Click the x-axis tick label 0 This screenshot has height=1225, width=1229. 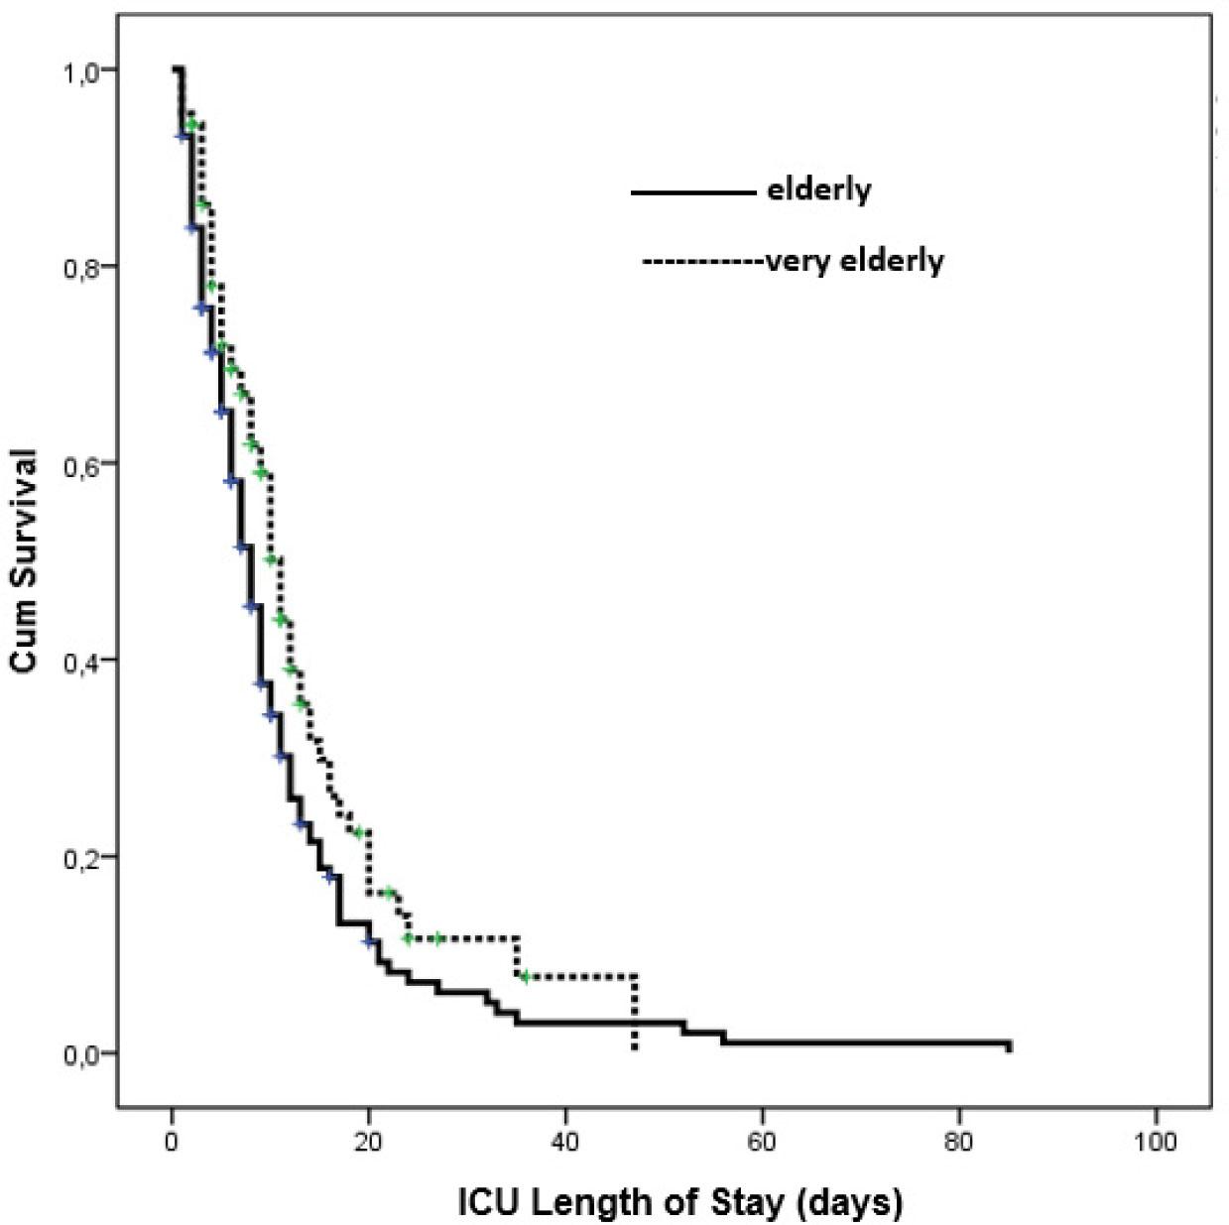[x=172, y=1142]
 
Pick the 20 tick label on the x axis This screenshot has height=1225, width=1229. [x=368, y=1142]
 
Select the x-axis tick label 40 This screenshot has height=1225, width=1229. [x=564, y=1142]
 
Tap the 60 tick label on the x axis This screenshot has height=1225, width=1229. [x=761, y=1142]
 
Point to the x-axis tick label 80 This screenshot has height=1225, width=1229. [x=958, y=1142]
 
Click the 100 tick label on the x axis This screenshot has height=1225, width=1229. [x=1155, y=1142]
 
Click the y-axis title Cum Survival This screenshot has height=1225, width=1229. [x=25, y=561]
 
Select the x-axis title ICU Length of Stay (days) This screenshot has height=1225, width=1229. [x=680, y=1202]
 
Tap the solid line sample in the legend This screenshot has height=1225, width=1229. [x=692, y=191]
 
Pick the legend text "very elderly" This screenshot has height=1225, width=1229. [x=855, y=261]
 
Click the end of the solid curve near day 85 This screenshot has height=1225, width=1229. [x=1008, y=1045]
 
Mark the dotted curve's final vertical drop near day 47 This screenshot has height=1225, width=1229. [x=635, y=1012]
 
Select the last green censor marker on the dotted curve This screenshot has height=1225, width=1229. [x=525, y=977]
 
